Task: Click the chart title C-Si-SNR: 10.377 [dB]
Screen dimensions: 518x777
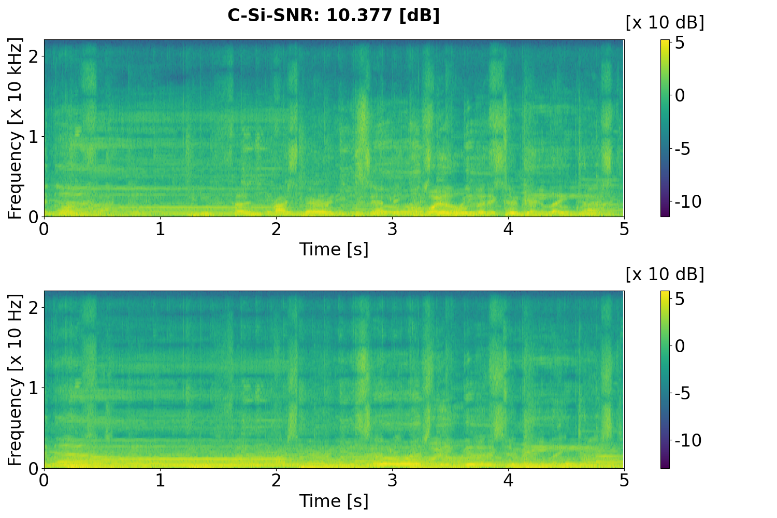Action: click(x=334, y=16)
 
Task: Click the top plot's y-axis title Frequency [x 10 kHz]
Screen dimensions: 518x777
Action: click(x=16, y=128)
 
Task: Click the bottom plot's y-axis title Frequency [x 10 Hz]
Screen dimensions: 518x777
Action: click(x=16, y=380)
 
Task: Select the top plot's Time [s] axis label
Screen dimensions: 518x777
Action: click(x=334, y=249)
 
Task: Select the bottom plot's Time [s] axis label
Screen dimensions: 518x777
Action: click(x=334, y=501)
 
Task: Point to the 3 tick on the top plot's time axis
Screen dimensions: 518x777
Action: click(x=392, y=228)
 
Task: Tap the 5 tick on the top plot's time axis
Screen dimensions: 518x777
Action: click(x=624, y=228)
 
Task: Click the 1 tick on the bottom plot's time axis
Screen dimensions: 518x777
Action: click(x=160, y=480)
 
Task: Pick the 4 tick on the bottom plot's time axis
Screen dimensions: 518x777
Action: click(x=508, y=480)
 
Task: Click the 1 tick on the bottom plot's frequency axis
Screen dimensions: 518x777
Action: click(x=33, y=388)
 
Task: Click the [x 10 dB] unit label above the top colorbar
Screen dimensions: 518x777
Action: click(x=665, y=23)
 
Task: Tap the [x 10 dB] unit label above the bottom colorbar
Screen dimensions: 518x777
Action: click(x=665, y=274)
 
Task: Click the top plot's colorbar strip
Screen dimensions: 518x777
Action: click(x=665, y=128)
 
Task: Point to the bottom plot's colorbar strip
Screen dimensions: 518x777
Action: click(x=665, y=380)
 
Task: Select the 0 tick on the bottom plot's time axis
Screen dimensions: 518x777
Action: click(x=44, y=480)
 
